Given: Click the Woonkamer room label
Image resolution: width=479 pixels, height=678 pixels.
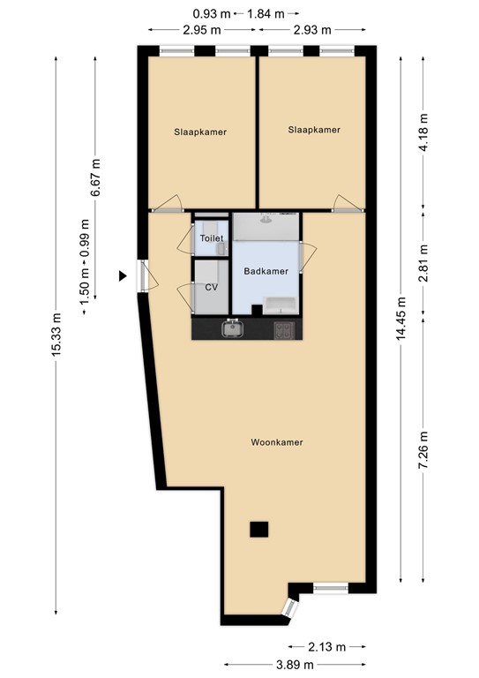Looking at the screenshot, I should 276,442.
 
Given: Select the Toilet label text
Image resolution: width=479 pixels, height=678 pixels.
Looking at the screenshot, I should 212,239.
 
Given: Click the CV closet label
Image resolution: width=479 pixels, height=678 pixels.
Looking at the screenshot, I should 211,287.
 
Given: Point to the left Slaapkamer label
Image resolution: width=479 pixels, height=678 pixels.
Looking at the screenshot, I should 200,132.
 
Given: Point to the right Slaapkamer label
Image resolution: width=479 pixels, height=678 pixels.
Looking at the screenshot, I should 313,130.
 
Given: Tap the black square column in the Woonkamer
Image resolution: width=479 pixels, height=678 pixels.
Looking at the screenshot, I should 258,529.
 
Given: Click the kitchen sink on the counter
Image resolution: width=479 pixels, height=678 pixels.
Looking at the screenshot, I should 234,330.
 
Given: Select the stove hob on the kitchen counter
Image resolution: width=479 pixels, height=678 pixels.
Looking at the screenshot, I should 284,330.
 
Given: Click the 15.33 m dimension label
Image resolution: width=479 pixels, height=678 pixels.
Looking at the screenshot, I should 57,335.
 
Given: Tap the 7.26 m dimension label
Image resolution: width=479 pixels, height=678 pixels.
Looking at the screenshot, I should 423,450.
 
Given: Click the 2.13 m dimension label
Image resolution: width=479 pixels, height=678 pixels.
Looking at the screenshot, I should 327,646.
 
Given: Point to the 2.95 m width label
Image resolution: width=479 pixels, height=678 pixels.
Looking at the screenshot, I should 201,30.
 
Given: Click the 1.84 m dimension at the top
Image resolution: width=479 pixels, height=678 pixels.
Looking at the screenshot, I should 266,13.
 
